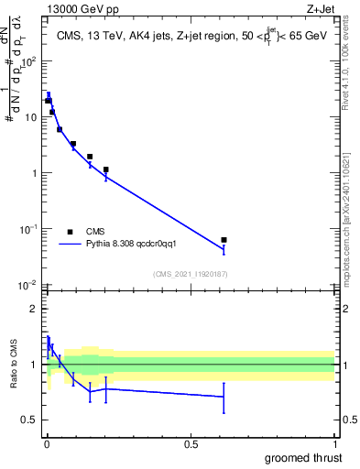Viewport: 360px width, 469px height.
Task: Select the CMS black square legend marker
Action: click(x=70, y=232)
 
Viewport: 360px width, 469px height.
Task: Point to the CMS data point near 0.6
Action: click(x=224, y=240)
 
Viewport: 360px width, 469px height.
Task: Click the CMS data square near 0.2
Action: click(x=106, y=169)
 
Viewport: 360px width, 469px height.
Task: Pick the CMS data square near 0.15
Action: click(x=90, y=157)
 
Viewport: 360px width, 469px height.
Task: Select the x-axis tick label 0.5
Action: click(x=191, y=444)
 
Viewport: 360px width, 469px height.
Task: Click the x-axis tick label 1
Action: click(x=334, y=444)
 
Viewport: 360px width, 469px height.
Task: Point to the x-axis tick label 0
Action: click(x=47, y=444)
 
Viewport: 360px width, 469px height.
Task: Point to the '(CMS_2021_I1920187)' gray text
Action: click(x=190, y=274)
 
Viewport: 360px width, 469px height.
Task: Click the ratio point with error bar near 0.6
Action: click(x=224, y=397)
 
